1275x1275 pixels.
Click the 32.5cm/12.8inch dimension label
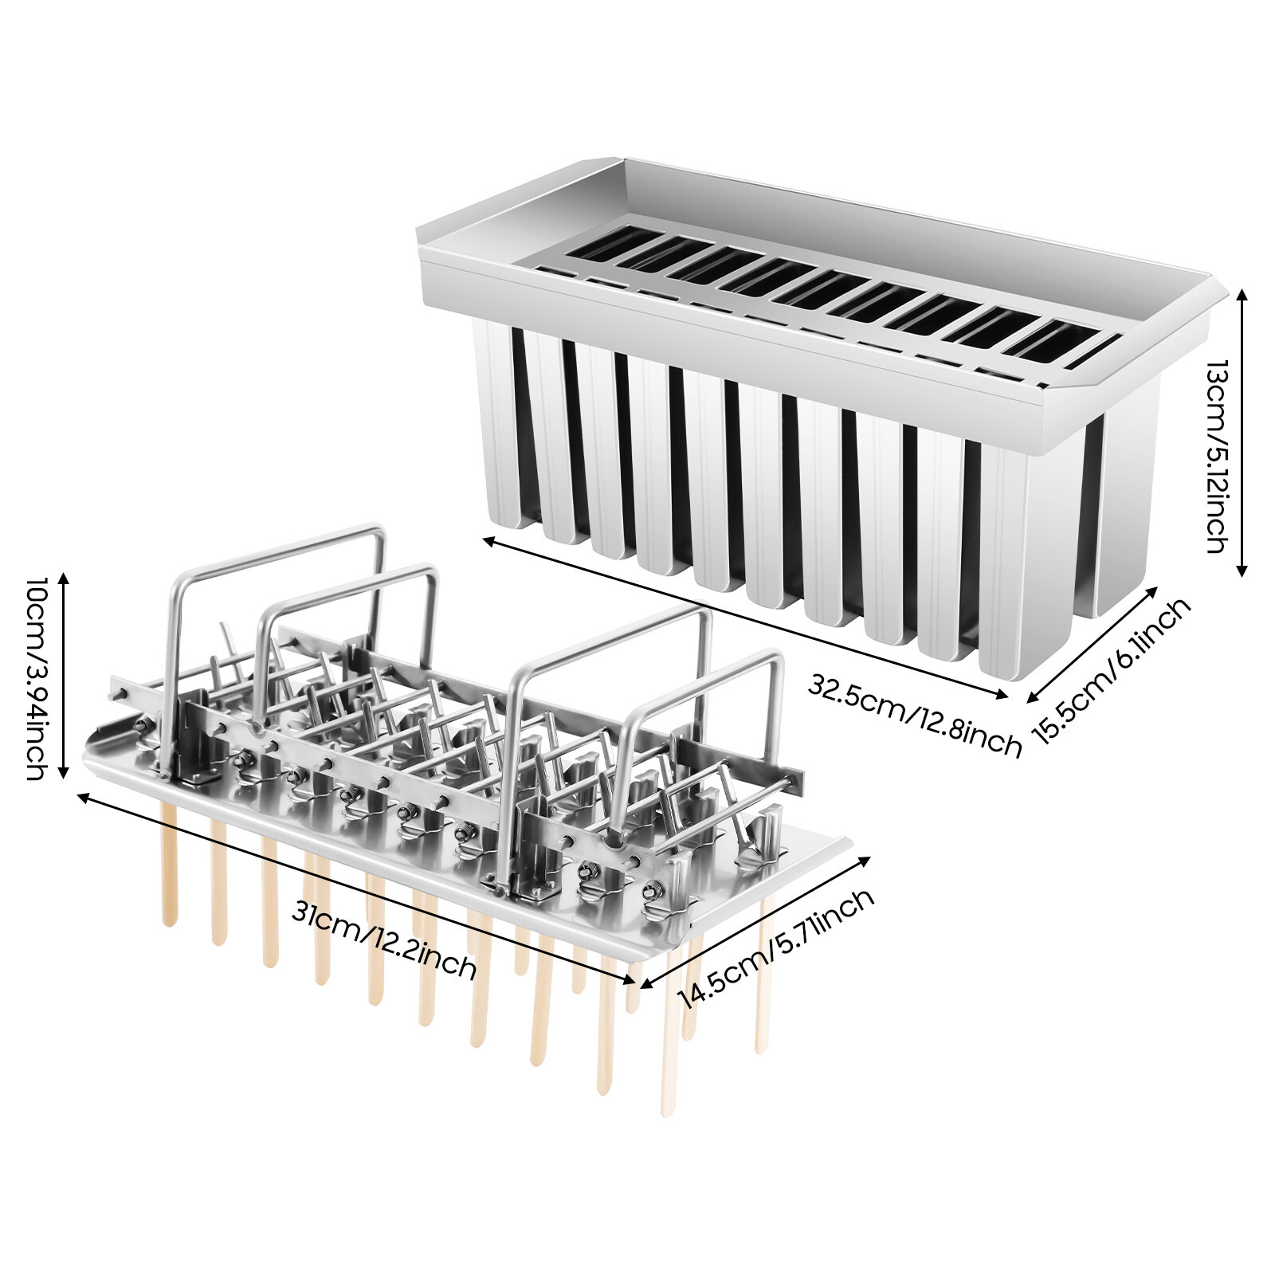click(914, 716)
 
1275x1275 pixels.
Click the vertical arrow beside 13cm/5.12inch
click(1241, 431)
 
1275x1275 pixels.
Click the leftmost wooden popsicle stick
click(168, 865)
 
